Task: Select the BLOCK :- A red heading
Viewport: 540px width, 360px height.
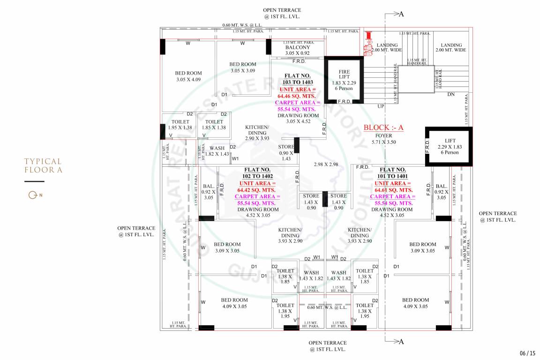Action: pyautogui.click(x=383, y=127)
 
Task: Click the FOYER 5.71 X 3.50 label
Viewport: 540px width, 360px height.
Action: pyautogui.click(x=383, y=139)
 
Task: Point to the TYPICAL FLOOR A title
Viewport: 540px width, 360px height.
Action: pyautogui.click(x=43, y=165)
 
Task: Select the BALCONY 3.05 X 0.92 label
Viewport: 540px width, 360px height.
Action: pyautogui.click(x=297, y=50)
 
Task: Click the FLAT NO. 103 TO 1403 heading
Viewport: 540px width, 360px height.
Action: pyautogui.click(x=297, y=79)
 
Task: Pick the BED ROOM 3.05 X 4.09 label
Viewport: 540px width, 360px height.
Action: pyautogui.click(x=188, y=76)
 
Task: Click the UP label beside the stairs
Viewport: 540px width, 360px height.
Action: pyautogui.click(x=381, y=106)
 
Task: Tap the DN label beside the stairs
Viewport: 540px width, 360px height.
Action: pyautogui.click(x=450, y=94)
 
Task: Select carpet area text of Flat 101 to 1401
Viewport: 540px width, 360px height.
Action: pyautogui.click(x=394, y=200)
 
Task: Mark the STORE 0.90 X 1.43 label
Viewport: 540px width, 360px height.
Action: pyautogui.click(x=287, y=153)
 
